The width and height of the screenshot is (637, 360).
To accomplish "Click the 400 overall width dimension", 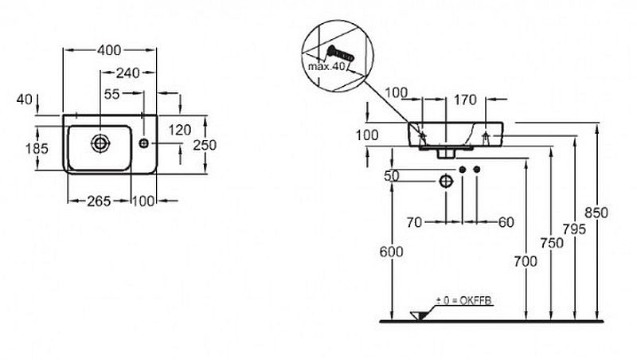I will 109,50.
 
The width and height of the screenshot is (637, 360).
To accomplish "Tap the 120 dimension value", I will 180,129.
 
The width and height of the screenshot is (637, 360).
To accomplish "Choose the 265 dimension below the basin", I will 98,201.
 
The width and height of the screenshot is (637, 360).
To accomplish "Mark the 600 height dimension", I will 392,252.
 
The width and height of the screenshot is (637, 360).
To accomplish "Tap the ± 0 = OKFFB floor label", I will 464,300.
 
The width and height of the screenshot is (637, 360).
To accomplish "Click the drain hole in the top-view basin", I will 100,143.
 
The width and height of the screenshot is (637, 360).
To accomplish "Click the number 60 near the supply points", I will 506,223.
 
